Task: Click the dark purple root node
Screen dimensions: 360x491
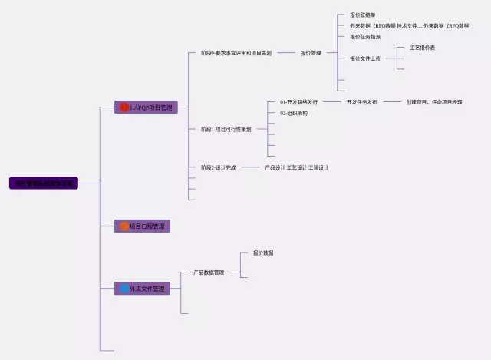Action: click(44, 183)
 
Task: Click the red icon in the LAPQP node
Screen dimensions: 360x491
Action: click(124, 107)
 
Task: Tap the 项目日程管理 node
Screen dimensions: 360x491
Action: click(142, 226)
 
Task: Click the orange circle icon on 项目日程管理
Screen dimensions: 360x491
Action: click(124, 226)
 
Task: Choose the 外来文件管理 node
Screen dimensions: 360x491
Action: click(142, 289)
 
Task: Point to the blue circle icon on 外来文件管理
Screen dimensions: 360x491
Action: click(124, 289)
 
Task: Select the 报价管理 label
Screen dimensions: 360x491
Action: click(311, 53)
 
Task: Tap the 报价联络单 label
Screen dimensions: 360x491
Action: click(363, 15)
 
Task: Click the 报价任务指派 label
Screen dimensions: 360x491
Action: click(365, 37)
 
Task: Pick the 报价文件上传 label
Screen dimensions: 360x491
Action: click(365, 58)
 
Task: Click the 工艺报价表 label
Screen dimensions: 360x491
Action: click(423, 48)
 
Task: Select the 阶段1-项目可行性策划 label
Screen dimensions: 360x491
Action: click(226, 129)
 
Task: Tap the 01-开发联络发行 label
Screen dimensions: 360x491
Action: click(299, 101)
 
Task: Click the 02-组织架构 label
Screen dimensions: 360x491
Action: click(294, 113)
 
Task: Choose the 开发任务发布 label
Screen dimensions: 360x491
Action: click(362, 101)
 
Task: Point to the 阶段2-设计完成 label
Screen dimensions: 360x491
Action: click(219, 167)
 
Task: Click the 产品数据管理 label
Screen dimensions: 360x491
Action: click(209, 272)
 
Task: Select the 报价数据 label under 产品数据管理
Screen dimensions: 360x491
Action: click(263, 253)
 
